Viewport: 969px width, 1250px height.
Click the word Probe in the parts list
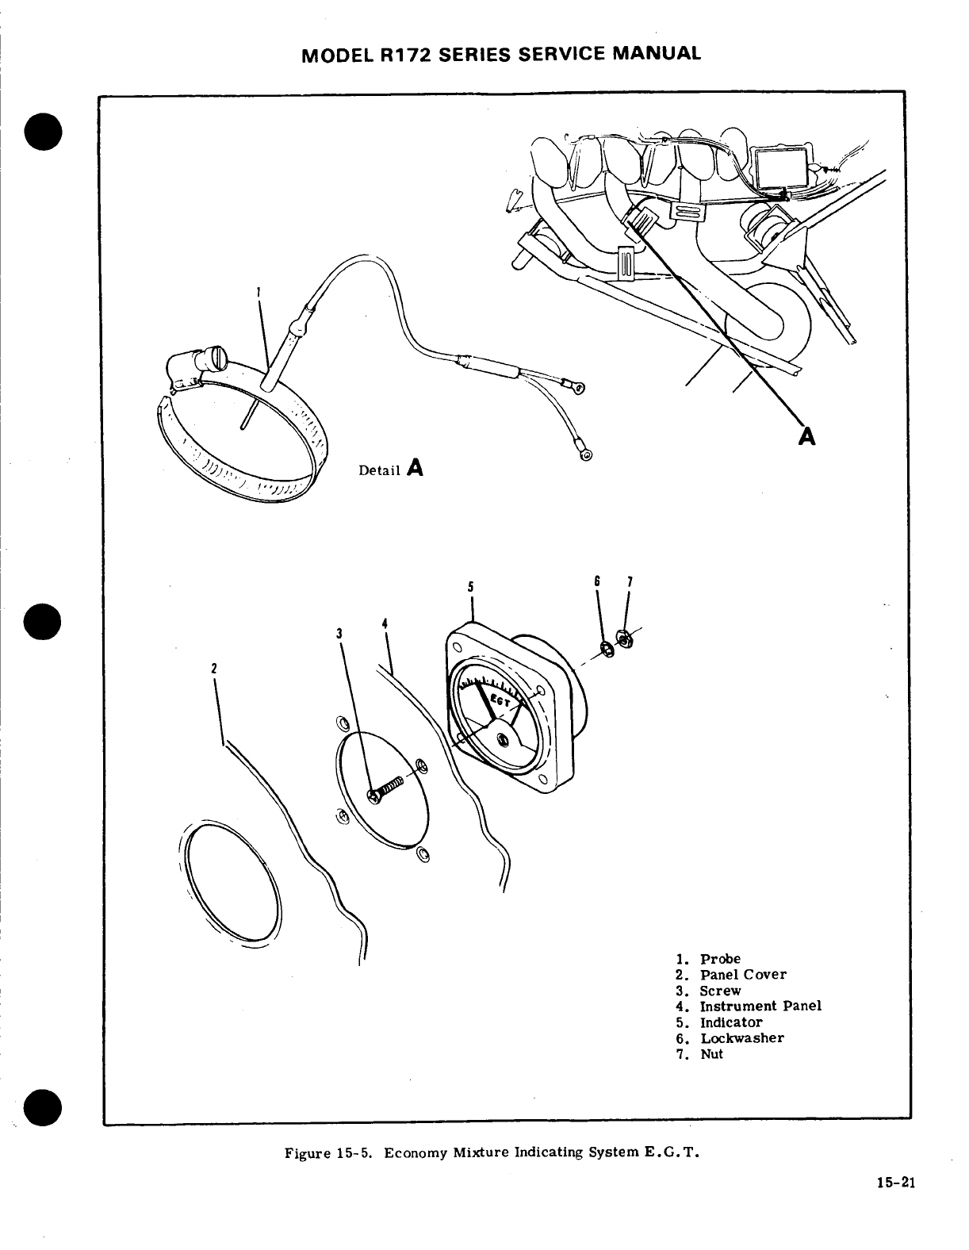click(x=719, y=959)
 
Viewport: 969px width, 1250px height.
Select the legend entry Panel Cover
click(x=742, y=975)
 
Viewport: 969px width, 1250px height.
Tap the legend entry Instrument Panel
click(x=760, y=1007)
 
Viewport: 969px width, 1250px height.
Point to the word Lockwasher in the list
click(x=741, y=1038)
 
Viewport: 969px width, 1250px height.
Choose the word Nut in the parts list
click(x=710, y=1054)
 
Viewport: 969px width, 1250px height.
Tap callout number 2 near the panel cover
click(x=214, y=667)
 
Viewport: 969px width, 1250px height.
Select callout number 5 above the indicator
click(x=471, y=588)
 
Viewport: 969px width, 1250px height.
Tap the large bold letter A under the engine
click(x=807, y=435)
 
